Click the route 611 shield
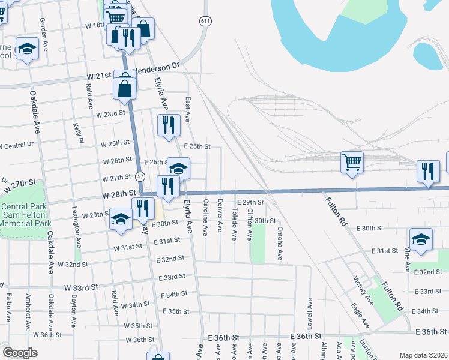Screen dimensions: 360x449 pyautogui.click(x=206, y=21)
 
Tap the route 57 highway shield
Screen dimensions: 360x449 pyautogui.click(x=140, y=176)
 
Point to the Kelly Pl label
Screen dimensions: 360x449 pyautogui.click(x=77, y=133)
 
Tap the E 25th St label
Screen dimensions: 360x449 pyautogui.click(x=197, y=146)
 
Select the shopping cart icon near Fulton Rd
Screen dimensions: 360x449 pyautogui.click(x=351, y=161)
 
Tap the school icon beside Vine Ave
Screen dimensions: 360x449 pyautogui.click(x=421, y=238)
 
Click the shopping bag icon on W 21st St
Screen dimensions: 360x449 pyautogui.click(x=124, y=88)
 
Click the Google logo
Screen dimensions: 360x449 pyautogui.click(x=20, y=353)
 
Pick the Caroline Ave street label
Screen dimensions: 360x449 pyautogui.click(x=206, y=217)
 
